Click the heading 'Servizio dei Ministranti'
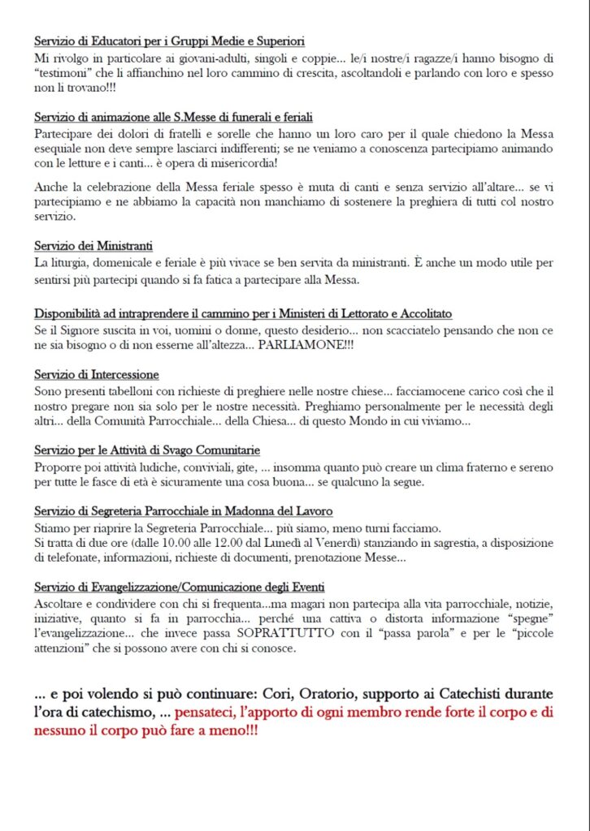pyautogui.click(x=94, y=246)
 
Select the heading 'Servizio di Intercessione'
pyautogui.click(x=97, y=374)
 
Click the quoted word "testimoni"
pyautogui.click(x=64, y=73)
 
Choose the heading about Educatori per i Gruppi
pyautogui.click(x=170, y=41)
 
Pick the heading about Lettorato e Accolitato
pyautogui.click(x=244, y=313)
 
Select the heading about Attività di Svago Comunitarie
pyautogui.click(x=147, y=450)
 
